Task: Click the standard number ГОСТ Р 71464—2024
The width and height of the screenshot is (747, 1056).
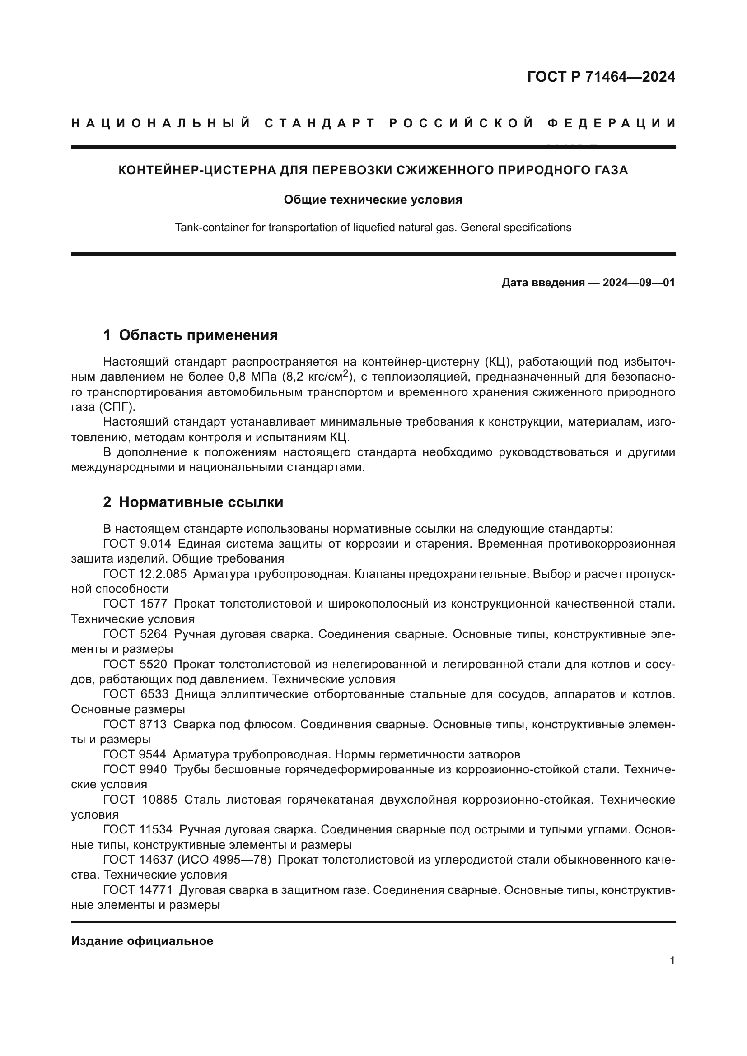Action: [601, 77]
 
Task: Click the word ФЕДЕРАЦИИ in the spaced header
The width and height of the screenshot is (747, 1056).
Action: [612, 123]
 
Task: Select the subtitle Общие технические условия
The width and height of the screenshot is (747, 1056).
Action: [373, 200]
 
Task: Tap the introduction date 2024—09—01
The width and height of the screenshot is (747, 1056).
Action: [639, 282]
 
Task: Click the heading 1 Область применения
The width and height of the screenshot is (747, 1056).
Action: [191, 335]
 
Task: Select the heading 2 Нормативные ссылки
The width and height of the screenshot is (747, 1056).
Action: [193, 502]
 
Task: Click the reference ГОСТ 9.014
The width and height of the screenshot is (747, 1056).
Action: [137, 544]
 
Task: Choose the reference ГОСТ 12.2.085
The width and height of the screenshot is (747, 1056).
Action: [145, 574]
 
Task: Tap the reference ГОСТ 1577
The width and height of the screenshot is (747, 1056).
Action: [135, 604]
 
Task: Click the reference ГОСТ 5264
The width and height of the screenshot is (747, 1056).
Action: [135, 634]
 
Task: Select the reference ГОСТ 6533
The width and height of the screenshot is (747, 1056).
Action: [135, 694]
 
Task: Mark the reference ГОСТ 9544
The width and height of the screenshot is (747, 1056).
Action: [135, 754]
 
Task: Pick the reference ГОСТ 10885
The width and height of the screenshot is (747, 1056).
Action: [140, 800]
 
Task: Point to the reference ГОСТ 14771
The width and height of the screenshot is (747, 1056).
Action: [138, 890]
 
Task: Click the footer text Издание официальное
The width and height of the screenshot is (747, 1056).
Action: [142, 941]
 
